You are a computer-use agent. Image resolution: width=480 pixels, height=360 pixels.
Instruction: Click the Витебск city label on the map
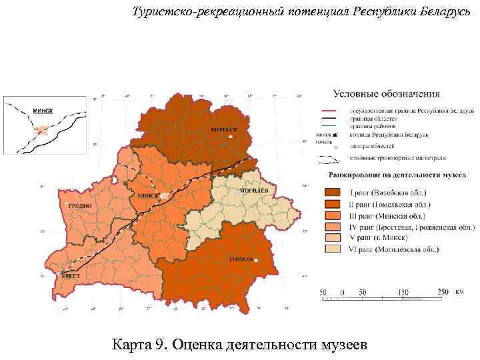(223, 129)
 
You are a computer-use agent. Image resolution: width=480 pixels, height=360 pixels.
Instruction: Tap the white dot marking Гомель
(254, 260)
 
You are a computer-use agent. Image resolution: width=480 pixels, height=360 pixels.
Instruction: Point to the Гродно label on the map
(79, 206)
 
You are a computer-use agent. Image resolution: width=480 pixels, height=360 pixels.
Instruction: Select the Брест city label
(71, 275)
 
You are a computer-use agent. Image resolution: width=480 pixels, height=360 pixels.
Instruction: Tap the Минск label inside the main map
(148, 196)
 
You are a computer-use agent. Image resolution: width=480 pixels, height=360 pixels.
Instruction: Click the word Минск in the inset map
(43, 110)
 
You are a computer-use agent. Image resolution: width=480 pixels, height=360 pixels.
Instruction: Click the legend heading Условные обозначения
(386, 93)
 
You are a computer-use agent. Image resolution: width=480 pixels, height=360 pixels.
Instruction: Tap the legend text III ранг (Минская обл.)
(389, 215)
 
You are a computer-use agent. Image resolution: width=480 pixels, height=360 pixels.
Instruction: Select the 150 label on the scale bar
(403, 292)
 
